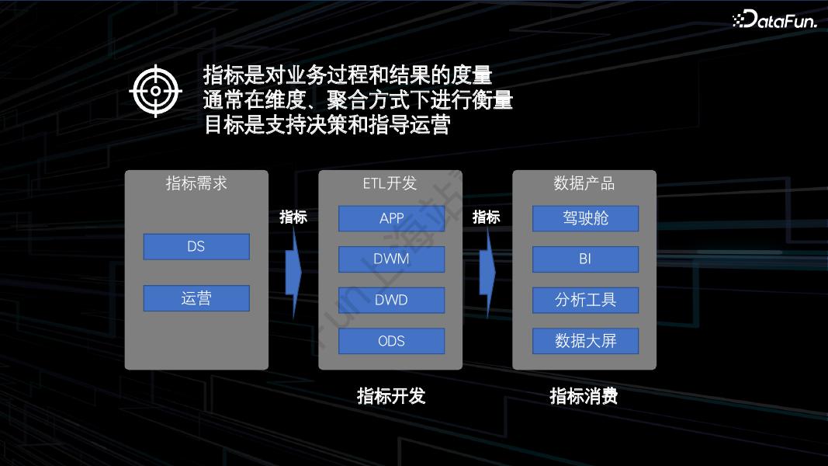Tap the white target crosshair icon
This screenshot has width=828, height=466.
[x=156, y=91]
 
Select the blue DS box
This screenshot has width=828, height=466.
[x=196, y=247]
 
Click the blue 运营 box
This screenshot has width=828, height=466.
[x=196, y=298]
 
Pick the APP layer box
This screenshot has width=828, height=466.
[x=391, y=218]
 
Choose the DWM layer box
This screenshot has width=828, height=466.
[x=391, y=259]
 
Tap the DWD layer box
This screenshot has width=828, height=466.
[x=391, y=300]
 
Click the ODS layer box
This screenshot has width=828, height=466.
[x=391, y=341]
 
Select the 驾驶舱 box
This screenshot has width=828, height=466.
[x=585, y=218]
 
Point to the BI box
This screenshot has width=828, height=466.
[x=585, y=259]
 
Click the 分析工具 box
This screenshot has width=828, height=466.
[x=585, y=300]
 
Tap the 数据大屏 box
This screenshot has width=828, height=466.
[x=585, y=341]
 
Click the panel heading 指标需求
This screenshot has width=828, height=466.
[x=196, y=183]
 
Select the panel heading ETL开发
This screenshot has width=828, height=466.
[x=390, y=183]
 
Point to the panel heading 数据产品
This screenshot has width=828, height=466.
[x=584, y=183]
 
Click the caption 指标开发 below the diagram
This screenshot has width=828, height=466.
[x=391, y=396]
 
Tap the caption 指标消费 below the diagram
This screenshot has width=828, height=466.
[x=584, y=396]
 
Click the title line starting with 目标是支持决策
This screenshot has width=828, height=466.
[x=327, y=125]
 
